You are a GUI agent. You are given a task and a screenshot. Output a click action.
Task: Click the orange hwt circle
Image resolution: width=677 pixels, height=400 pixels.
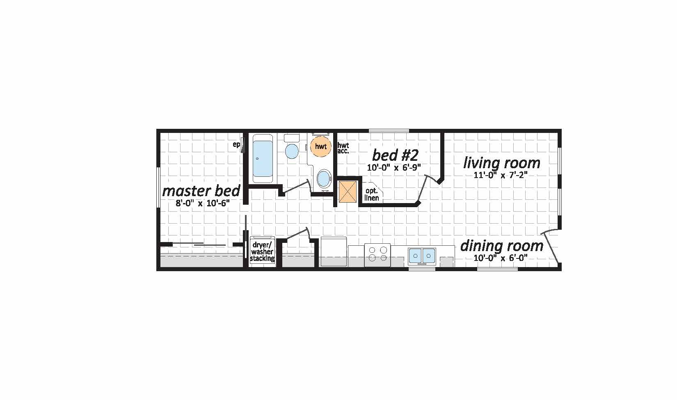point(321,146)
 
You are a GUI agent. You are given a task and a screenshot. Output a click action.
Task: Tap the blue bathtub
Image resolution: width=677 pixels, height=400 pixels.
point(263,159)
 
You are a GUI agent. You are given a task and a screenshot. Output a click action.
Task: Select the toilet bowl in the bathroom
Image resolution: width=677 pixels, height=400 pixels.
point(292,151)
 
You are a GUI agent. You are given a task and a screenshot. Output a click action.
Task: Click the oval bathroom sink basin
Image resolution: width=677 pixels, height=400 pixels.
point(324,178)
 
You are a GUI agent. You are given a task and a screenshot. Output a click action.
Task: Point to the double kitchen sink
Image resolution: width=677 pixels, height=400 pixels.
point(422,256)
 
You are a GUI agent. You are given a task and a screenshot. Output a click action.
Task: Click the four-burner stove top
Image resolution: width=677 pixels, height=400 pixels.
point(377,255)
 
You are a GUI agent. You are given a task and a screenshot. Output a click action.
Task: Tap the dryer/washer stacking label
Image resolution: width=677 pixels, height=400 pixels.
point(262,251)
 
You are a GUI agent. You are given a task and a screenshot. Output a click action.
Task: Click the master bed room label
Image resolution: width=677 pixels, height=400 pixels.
point(201,191)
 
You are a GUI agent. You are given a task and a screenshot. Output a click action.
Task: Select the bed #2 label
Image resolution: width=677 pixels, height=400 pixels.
point(395,155)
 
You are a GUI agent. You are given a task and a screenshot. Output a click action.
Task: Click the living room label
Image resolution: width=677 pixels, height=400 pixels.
point(502,163)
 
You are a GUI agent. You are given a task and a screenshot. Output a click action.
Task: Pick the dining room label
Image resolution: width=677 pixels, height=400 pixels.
point(502,246)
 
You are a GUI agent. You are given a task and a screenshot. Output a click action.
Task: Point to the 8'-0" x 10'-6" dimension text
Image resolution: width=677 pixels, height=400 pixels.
point(203,203)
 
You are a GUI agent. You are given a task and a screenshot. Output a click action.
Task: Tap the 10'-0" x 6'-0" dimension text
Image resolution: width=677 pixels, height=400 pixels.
point(501,258)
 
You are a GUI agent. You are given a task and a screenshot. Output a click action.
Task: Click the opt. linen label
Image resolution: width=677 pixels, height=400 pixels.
point(372,194)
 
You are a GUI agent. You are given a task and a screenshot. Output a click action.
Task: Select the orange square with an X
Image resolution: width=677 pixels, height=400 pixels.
point(348,192)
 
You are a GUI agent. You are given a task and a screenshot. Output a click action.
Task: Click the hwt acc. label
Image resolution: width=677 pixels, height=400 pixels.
point(343,149)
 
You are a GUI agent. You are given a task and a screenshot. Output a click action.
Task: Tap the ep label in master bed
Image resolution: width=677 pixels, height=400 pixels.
point(236,145)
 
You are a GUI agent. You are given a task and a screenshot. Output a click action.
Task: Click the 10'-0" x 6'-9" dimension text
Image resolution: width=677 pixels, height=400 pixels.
point(394,167)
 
